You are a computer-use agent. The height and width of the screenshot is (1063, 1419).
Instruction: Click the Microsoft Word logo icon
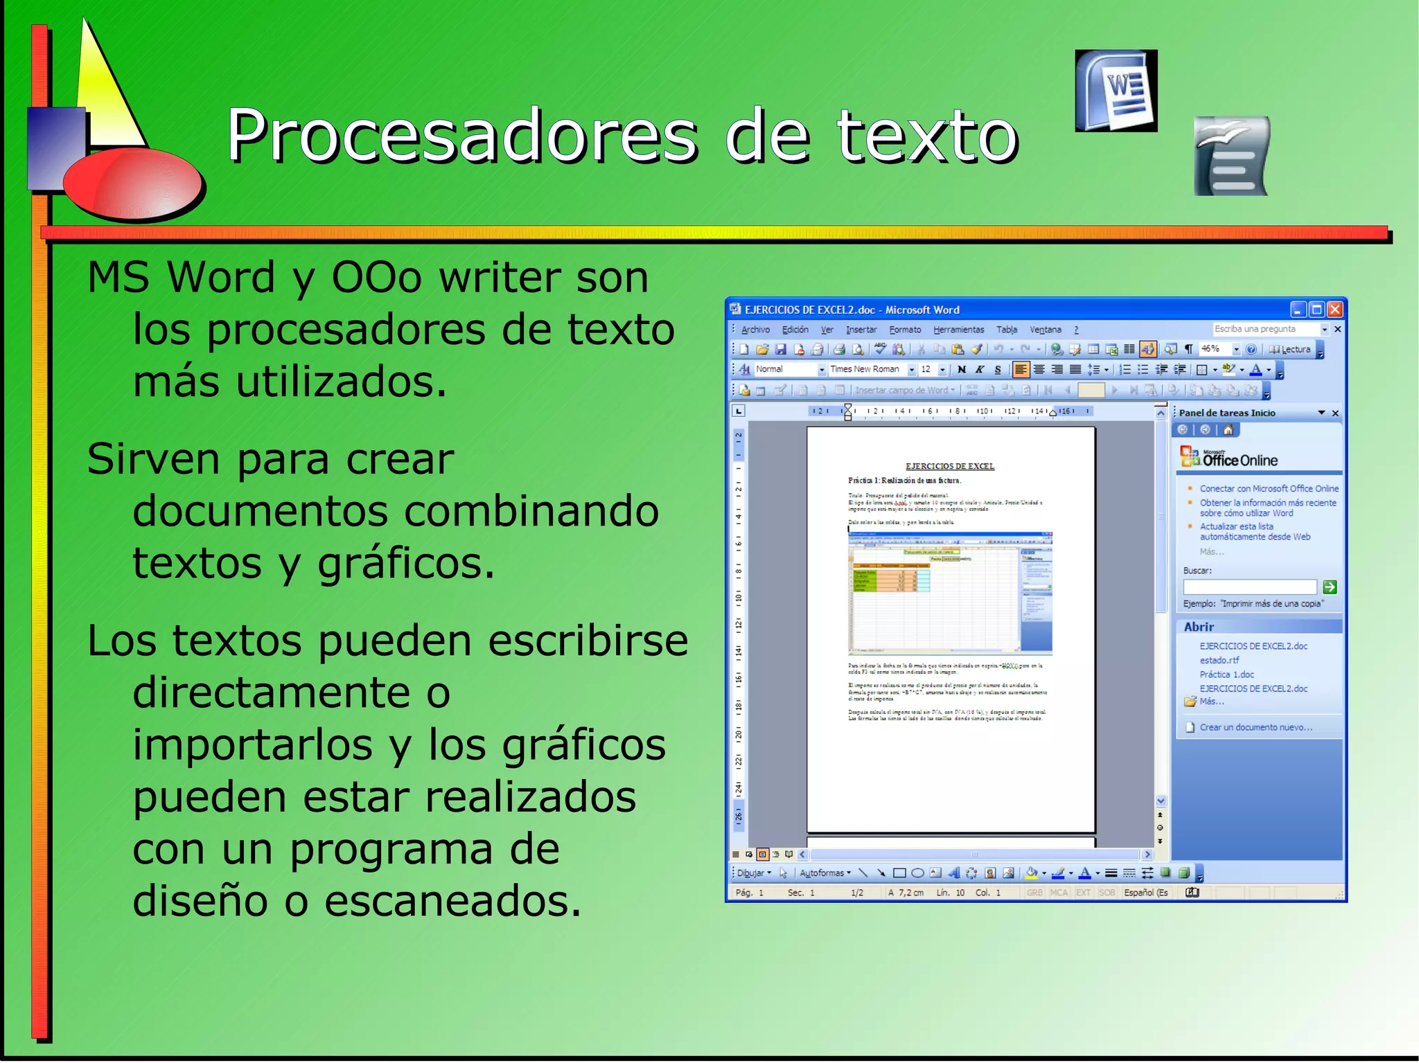[1116, 90]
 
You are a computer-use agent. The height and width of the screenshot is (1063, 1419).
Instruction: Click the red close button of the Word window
[1335, 310]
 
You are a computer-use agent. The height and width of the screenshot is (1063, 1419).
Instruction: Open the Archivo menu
[755, 330]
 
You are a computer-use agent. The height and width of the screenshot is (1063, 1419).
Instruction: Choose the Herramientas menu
[958, 330]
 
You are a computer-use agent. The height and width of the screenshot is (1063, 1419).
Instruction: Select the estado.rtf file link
[1219, 660]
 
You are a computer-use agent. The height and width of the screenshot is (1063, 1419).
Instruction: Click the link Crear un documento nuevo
[1255, 727]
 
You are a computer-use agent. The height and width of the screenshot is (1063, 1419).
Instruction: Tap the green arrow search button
[1330, 587]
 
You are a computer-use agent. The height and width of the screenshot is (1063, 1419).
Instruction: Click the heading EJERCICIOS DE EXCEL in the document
[949, 466]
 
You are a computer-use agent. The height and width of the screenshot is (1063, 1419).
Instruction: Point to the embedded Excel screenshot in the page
[950, 593]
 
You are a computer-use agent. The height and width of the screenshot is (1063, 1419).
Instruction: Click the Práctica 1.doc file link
[1226, 675]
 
